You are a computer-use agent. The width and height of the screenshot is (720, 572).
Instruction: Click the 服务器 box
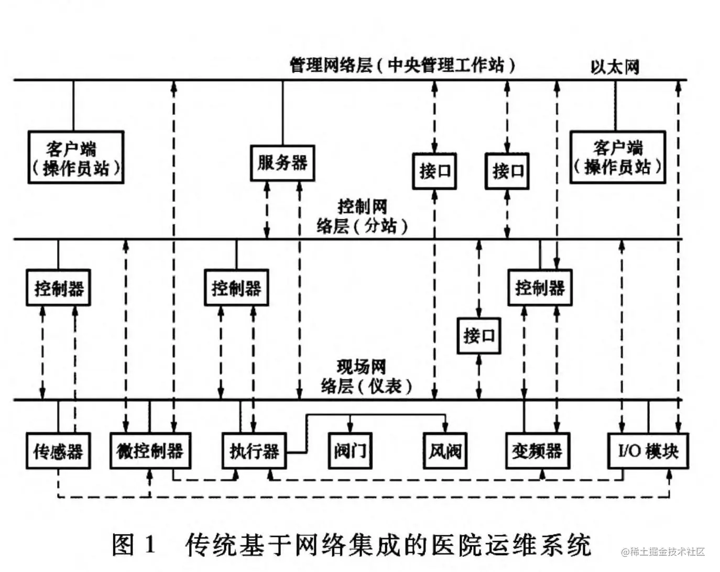pyautogui.click(x=282, y=163)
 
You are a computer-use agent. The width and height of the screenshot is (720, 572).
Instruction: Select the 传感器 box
pyautogui.click(x=58, y=450)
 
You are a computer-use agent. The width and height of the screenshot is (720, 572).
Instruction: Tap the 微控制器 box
pyautogui.click(x=150, y=450)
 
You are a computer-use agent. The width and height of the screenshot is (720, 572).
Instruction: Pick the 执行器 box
pyautogui.click(x=254, y=450)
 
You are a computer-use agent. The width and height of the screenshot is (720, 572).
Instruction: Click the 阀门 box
pyautogui.click(x=350, y=450)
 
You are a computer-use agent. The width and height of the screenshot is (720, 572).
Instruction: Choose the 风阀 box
pyautogui.click(x=445, y=450)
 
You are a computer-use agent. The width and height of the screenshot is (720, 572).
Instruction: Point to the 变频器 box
pyautogui.click(x=537, y=450)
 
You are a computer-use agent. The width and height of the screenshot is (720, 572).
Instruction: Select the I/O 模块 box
pyautogui.click(x=648, y=450)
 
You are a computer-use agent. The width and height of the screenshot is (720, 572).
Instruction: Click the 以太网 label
pyautogui.click(x=615, y=67)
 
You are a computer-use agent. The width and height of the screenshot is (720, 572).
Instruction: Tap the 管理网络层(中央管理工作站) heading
pyautogui.click(x=402, y=65)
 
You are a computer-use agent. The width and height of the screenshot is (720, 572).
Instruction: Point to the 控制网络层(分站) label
pyautogui.click(x=362, y=216)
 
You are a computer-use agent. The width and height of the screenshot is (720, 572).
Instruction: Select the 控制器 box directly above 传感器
pyautogui.click(x=58, y=288)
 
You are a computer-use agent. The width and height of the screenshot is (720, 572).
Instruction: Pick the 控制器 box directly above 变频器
pyautogui.click(x=540, y=288)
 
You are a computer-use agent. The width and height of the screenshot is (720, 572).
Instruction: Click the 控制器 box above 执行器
pyautogui.click(x=236, y=288)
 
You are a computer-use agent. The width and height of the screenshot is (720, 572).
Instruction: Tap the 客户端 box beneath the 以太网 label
pyautogui.click(x=617, y=157)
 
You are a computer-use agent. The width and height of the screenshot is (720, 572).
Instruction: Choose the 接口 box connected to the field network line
pyautogui.click(x=478, y=335)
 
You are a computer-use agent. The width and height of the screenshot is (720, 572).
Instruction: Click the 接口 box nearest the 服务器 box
pyautogui.click(x=434, y=171)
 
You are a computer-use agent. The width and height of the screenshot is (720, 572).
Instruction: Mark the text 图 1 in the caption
pyautogui.click(x=135, y=545)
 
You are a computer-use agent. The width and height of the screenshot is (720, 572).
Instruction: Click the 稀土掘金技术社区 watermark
pyautogui.click(x=663, y=552)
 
